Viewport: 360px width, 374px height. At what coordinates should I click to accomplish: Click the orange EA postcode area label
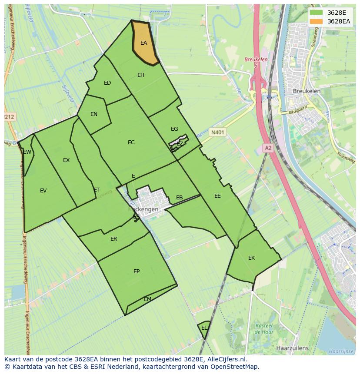pos(143,43)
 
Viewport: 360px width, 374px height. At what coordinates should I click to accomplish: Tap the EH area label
pos(141,75)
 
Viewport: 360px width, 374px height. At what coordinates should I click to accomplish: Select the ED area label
pos(107,83)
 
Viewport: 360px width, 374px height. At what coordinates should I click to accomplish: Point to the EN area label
pos(94,114)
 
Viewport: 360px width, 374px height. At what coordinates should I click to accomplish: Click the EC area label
pos(131,142)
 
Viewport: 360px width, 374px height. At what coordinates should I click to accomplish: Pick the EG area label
pos(174,129)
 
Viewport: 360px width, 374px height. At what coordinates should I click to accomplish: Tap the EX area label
pos(66,160)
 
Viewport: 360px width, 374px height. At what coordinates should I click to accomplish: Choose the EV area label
pos(43,191)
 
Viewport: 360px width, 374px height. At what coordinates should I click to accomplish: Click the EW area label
pos(27,152)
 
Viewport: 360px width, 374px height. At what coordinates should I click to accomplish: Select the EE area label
pos(217,196)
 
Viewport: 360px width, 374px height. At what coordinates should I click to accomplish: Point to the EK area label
pos(251,258)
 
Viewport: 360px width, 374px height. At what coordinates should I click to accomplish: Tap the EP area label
pos(137,271)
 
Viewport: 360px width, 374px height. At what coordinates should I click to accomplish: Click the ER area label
pos(114,239)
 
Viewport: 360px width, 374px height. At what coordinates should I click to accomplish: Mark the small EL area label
pos(204,328)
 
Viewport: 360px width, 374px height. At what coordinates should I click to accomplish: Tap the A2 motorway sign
pos(268,148)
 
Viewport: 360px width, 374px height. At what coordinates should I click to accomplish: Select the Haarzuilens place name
pos(292,348)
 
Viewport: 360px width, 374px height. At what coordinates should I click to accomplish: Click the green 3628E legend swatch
pos(317,13)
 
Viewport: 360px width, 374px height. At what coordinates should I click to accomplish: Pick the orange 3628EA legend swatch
pos(317,21)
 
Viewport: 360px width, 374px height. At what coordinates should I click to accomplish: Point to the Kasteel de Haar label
pos(263,329)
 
